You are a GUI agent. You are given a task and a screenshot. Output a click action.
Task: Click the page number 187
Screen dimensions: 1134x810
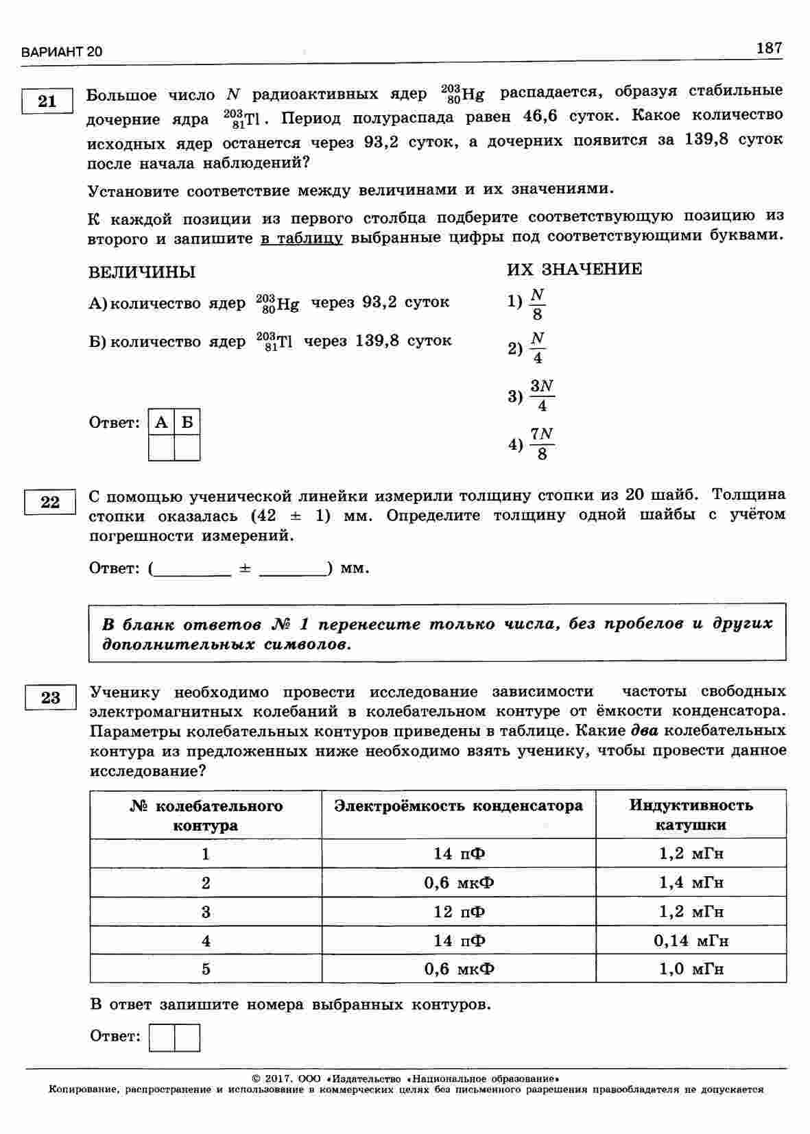[x=769, y=48]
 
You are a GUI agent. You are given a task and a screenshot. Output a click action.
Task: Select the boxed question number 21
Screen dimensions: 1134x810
[x=47, y=101]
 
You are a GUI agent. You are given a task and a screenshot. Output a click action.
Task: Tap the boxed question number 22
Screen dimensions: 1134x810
[x=49, y=503]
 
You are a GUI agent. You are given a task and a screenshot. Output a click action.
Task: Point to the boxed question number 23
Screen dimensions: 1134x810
[x=50, y=698]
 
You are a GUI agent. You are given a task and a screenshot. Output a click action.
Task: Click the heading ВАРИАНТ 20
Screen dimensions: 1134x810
[x=62, y=52]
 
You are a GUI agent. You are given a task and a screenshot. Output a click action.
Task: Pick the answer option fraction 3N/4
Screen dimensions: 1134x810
[x=542, y=396]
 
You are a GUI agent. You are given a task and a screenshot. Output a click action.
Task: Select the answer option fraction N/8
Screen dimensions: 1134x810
[x=538, y=304]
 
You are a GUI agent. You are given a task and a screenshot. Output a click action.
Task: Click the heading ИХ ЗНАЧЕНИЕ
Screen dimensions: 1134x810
[x=575, y=269]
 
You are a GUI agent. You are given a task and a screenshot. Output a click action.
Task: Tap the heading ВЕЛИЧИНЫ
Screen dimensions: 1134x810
[x=142, y=272]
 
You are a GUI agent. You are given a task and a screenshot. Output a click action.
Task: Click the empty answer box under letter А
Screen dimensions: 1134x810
[x=161, y=448]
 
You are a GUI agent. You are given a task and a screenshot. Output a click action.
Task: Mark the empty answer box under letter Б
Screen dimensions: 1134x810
[x=187, y=448]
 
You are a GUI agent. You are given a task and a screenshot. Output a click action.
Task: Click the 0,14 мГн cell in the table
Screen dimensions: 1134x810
[x=691, y=941]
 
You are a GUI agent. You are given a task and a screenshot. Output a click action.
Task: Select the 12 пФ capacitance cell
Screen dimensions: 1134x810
[x=459, y=912]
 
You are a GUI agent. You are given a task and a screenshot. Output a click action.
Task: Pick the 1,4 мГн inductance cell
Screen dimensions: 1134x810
[x=691, y=883]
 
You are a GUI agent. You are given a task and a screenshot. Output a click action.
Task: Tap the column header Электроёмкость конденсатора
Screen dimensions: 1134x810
[x=458, y=806]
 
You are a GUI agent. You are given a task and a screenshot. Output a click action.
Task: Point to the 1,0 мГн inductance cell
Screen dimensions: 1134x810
[x=691, y=969]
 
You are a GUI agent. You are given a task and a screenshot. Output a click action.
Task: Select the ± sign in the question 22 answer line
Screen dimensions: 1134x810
[x=245, y=568]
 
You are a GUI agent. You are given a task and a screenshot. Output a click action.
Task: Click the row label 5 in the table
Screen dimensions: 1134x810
[x=206, y=969]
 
